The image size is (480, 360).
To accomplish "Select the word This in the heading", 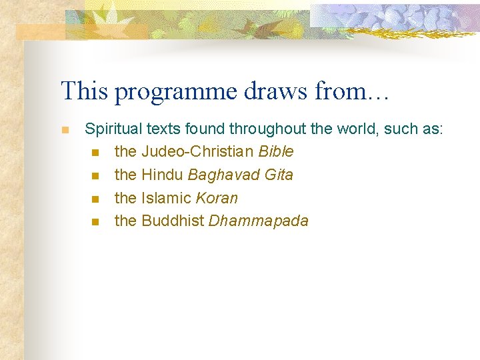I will (85, 91).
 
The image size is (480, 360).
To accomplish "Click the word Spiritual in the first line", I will (113, 129).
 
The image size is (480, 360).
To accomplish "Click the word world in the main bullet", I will (356, 129).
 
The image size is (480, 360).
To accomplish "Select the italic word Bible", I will (275, 152).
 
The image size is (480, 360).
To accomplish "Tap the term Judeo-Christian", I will (197, 152).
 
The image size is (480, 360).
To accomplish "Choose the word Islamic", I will (167, 199).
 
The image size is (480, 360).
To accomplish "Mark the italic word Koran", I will (217, 199).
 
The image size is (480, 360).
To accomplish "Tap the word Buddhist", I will (173, 221).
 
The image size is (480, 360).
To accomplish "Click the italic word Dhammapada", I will (259, 221).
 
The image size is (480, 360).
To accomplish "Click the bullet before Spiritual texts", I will (65, 130).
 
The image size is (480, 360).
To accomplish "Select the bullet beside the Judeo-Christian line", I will (95, 153).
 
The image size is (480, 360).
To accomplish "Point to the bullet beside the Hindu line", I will (95, 176).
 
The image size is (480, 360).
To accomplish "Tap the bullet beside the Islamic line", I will (95, 199).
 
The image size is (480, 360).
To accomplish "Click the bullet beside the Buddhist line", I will (95, 222).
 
